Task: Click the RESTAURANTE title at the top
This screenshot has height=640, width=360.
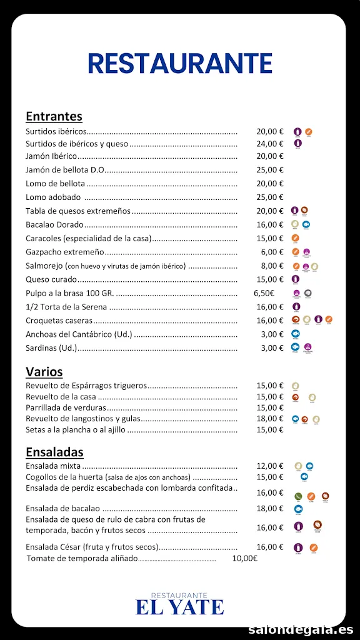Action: [x=180, y=64]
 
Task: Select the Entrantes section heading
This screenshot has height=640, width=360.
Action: [x=54, y=116]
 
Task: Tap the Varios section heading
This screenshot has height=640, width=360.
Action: [x=44, y=372]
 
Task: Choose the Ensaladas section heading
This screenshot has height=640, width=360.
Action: [x=54, y=452]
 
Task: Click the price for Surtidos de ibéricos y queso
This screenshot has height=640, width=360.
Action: [x=270, y=144]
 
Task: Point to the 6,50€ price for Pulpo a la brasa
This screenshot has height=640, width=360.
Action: [x=264, y=293]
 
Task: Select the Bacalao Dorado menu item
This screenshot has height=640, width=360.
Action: [x=54, y=225]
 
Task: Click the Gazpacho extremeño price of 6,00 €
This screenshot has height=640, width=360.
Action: [x=272, y=252]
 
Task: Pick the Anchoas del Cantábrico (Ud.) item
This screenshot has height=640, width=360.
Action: [x=79, y=334]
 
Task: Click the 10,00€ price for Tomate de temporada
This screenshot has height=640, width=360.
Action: [x=244, y=558]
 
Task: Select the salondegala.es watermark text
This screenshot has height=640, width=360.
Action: [x=301, y=629]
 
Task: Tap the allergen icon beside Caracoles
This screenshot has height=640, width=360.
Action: [x=296, y=238]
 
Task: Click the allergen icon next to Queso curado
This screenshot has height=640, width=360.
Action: [x=296, y=279]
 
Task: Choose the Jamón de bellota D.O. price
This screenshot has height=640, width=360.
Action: [x=270, y=170]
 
